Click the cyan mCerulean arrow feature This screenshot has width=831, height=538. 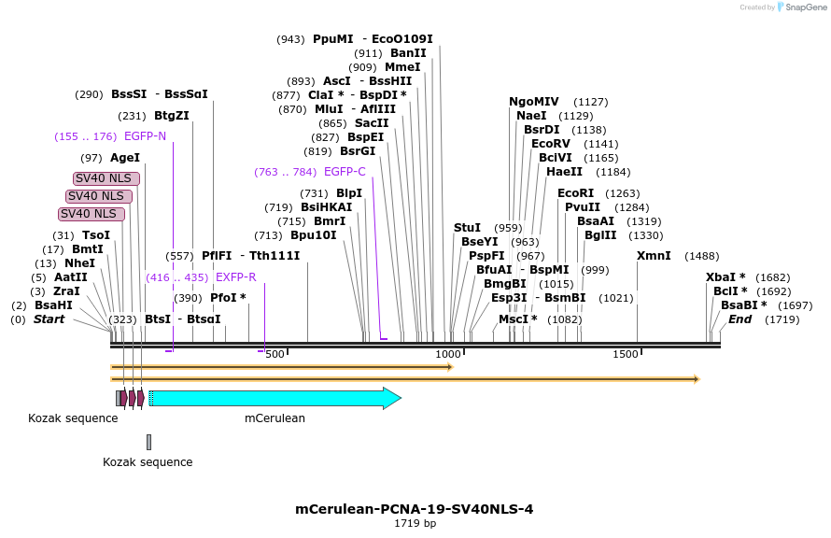tap(271, 398)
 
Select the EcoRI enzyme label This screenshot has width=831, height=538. tap(575, 193)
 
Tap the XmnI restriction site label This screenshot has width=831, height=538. tap(654, 256)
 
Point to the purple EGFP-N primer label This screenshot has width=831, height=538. tap(145, 136)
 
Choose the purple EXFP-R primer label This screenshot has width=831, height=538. tap(235, 277)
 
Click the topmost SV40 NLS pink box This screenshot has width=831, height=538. tap(106, 178)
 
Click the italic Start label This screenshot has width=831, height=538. tap(50, 319)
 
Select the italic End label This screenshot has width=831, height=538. tap(739, 319)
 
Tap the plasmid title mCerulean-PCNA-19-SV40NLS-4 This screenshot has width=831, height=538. tap(415, 509)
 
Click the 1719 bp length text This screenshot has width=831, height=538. tap(415, 524)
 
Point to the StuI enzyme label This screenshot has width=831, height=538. tap(467, 228)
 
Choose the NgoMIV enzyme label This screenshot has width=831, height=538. tap(534, 102)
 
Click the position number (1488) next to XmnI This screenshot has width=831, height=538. tap(702, 256)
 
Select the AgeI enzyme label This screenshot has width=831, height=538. tap(124, 158)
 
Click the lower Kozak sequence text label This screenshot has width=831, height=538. tap(148, 462)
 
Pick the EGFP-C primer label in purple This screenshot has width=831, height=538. tap(345, 172)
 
